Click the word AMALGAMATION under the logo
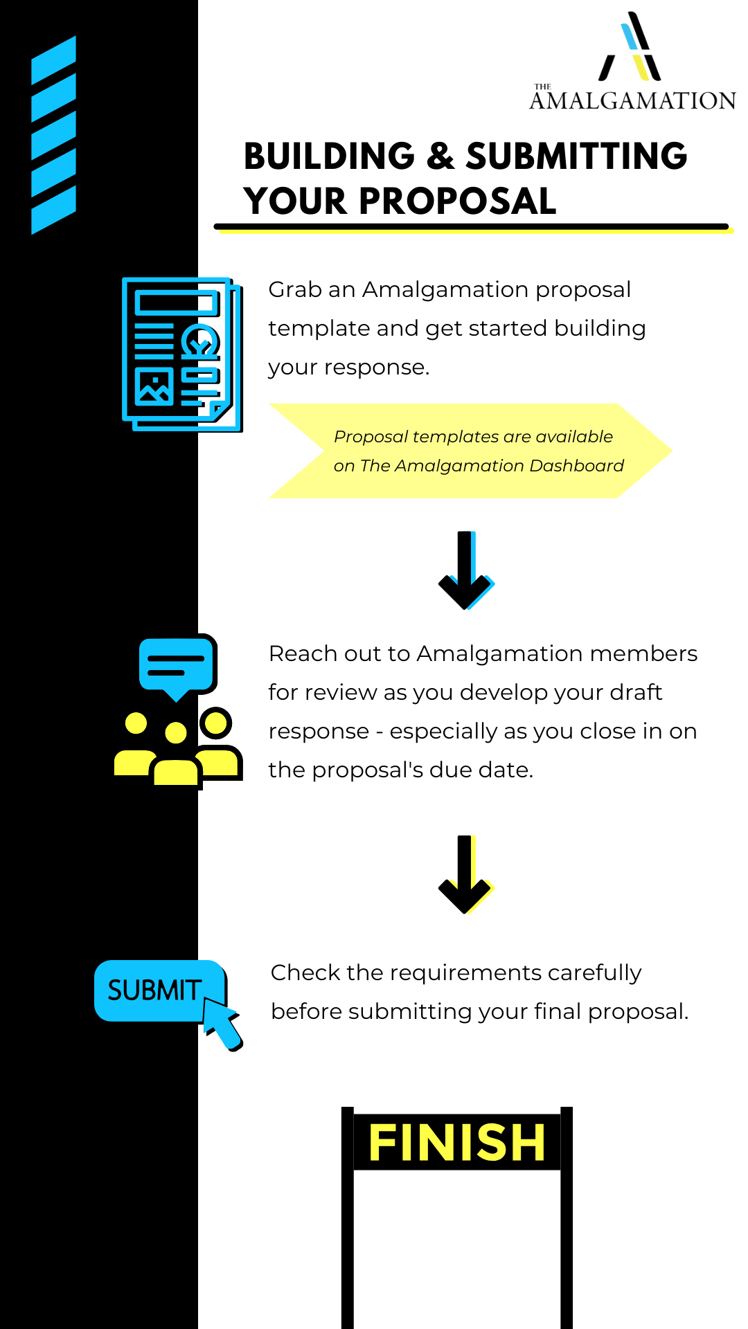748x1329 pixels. tap(632, 101)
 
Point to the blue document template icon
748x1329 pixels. tap(181, 354)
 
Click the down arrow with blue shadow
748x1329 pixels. tap(466, 570)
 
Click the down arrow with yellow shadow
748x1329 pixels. tap(466, 875)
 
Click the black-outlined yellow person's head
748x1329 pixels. tap(216, 723)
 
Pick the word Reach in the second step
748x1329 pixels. tap(298, 653)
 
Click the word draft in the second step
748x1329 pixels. tap(636, 692)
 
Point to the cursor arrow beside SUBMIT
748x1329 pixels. tap(223, 1024)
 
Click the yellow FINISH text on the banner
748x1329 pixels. tap(457, 1142)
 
